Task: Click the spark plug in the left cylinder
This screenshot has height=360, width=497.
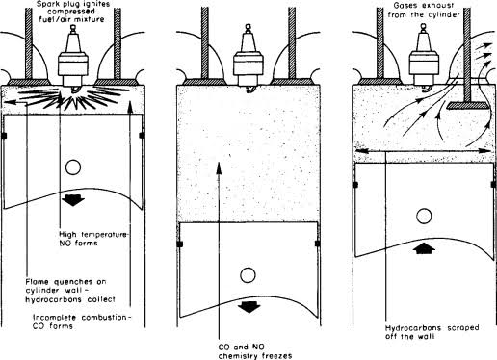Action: coord(73,60)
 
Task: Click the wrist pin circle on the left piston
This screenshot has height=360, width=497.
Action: coord(73,167)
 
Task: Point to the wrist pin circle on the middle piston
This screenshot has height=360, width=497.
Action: coord(248,275)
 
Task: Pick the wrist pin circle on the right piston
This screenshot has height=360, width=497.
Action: coord(424,216)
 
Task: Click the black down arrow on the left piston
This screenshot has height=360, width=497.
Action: coord(73,200)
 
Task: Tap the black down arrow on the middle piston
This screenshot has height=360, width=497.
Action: coord(248,307)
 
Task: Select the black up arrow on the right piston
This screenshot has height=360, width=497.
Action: coord(425,248)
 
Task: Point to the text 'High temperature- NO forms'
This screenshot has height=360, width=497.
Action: coord(93,239)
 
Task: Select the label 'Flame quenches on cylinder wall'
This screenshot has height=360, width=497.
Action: coord(65,286)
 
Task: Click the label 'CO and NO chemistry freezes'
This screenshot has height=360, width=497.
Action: coord(255,351)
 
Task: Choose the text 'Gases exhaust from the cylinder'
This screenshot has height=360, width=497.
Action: coord(426,11)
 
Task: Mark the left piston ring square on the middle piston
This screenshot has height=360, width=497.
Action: coord(180,244)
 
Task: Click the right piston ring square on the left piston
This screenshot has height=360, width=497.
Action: coord(142,136)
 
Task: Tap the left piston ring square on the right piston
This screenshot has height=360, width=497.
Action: coord(355,185)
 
